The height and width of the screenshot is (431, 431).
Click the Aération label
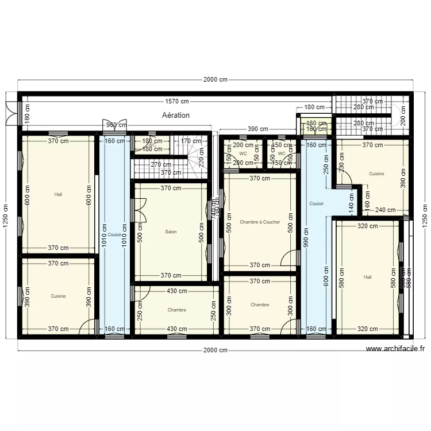click(176, 115)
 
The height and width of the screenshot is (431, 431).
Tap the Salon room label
click(171, 232)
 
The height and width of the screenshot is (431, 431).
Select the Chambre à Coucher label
click(260, 222)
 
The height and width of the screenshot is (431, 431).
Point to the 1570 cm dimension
click(176, 102)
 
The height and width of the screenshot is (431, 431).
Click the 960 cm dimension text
click(117, 125)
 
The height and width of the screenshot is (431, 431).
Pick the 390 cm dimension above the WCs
click(257, 129)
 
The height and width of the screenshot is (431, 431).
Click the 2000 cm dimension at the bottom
click(215, 350)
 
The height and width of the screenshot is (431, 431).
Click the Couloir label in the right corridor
click(317, 203)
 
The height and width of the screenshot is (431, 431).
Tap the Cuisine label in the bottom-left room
click(58, 297)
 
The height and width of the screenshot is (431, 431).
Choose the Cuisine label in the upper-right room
click(376, 173)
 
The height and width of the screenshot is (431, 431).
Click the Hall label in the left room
click(58, 194)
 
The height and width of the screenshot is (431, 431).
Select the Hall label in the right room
click(368, 277)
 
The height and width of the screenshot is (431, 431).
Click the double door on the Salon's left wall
click(138, 210)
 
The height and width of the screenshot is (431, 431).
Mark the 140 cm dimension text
click(351, 202)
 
